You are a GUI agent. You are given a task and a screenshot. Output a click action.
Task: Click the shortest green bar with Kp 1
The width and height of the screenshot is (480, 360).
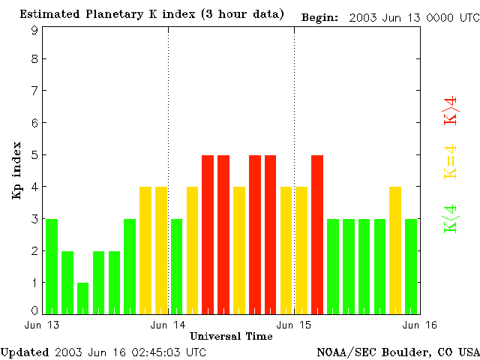tap(82, 298)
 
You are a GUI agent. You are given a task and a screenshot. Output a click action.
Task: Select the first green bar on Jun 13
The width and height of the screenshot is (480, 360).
tap(51, 266)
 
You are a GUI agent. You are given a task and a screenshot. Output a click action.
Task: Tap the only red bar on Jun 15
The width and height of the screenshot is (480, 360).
tap(317, 234)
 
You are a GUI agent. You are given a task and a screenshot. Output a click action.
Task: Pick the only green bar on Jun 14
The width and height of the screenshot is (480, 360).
tap(176, 266)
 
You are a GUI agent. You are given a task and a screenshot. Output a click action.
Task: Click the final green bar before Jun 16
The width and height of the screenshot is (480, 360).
tap(411, 266)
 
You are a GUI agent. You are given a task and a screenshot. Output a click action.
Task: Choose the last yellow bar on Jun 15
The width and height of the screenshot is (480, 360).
tap(395, 250)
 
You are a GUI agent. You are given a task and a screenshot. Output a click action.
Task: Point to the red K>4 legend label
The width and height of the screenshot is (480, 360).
tap(451, 110)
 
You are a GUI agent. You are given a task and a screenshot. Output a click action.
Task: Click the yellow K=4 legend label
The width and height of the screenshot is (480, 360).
tap(451, 161)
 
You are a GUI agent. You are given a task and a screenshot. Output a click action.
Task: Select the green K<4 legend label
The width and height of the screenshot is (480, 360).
tap(451, 218)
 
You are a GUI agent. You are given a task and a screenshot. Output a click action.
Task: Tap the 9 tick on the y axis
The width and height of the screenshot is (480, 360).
tap(34, 31)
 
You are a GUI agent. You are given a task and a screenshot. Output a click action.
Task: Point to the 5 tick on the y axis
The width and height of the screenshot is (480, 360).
tap(34, 155)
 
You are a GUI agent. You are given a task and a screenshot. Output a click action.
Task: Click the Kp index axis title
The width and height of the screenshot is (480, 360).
tap(16, 170)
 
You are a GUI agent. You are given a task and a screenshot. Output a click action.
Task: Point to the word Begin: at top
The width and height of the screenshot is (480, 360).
tap(319, 17)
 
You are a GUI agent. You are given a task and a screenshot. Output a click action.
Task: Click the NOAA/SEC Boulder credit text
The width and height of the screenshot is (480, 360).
tap(397, 352)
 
